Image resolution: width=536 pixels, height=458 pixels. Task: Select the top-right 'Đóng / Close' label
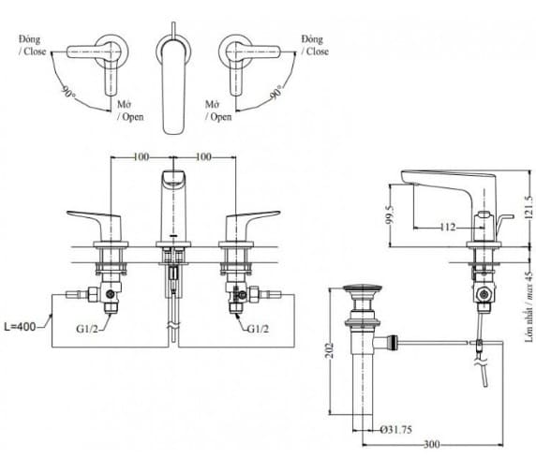314,46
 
